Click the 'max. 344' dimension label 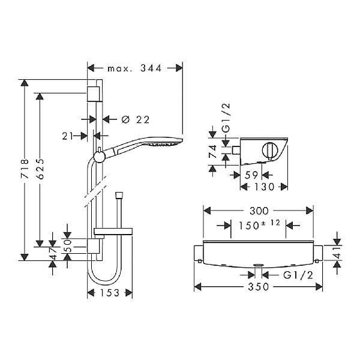click(x=135, y=68)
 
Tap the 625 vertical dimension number click(x=40, y=170)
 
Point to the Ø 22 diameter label click(x=135, y=119)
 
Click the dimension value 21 click(x=67, y=136)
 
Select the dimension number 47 click(x=53, y=256)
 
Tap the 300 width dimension click(x=259, y=211)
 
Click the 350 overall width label click(x=258, y=287)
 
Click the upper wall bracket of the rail click(x=94, y=94)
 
